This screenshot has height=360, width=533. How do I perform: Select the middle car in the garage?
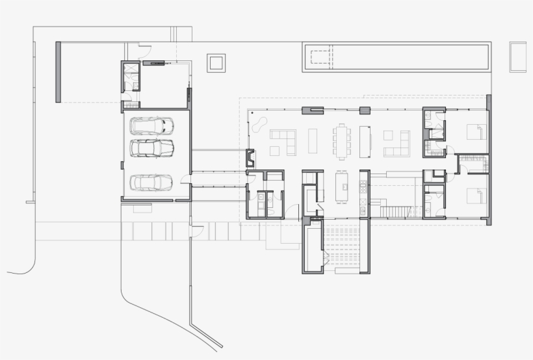153,148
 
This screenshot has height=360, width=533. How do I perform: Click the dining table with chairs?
342,140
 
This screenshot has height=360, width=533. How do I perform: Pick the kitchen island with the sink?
342,186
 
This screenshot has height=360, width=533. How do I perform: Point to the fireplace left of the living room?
250,158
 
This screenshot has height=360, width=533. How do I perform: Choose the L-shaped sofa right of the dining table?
397,144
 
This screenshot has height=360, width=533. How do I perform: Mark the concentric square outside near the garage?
216,63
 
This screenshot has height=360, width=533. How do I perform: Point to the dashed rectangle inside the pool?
321,58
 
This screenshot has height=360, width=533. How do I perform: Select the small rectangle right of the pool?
517,57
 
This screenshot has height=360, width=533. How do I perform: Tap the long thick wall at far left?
58,72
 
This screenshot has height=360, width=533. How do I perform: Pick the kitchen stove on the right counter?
364,188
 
